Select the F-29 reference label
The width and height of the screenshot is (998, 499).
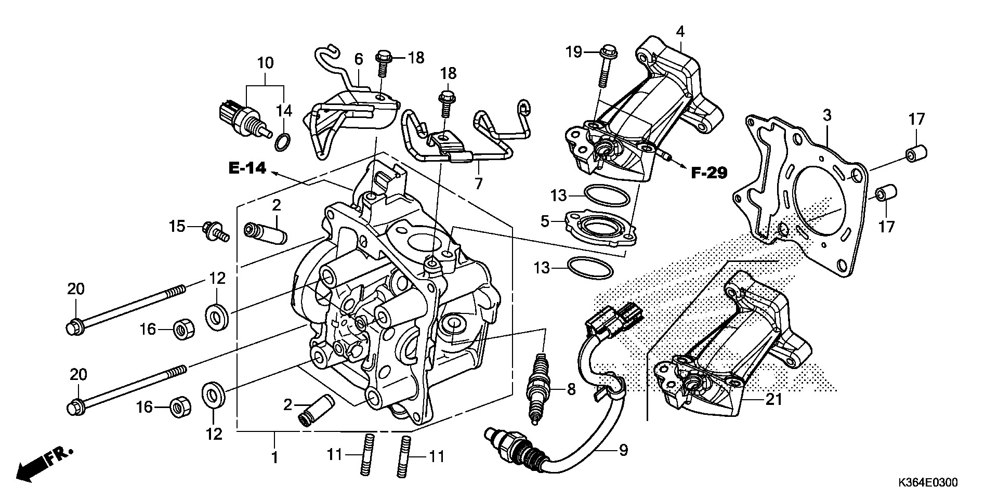708,173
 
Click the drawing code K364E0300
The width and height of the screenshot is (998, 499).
927,483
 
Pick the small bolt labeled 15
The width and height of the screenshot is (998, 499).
216,232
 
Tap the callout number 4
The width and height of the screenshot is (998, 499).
680,32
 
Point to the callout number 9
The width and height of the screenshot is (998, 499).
623,450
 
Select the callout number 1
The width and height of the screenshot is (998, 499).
274,457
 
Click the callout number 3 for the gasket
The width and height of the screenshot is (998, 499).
827,115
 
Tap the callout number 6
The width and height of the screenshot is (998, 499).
358,59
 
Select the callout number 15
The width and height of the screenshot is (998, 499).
177,226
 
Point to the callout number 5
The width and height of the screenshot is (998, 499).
545,221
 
